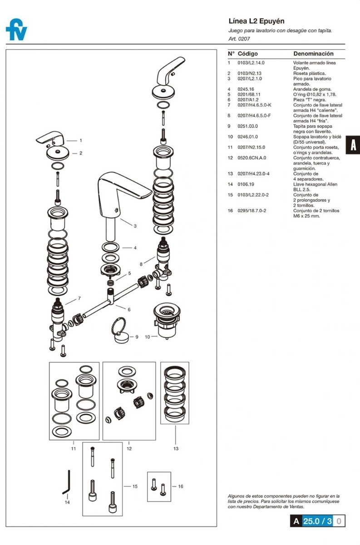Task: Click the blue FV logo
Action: tap(16, 30)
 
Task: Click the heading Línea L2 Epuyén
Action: tap(256, 21)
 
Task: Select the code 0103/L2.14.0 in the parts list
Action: tap(251, 63)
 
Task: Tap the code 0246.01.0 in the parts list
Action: tap(247, 137)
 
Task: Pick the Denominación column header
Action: tap(313, 54)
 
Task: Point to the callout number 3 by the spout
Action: tap(135, 226)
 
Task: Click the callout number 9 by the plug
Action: tap(137, 337)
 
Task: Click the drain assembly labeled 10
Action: tap(167, 321)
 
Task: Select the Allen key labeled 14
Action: tap(67, 482)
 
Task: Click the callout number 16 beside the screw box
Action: tap(181, 486)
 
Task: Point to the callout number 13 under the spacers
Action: tap(176, 448)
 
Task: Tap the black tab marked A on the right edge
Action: tap(353, 145)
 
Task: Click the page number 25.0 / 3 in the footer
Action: tap(317, 521)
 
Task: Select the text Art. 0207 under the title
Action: tap(239, 39)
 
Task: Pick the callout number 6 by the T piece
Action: tap(129, 309)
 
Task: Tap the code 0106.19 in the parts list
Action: tap(246, 184)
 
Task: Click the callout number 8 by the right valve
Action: tap(141, 264)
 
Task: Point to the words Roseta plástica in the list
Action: tap(310, 73)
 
